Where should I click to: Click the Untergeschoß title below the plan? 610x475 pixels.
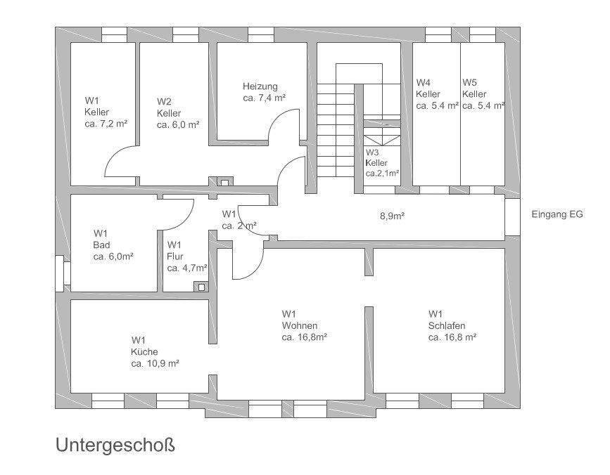(x=114, y=445)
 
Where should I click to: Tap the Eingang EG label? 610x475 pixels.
(x=557, y=215)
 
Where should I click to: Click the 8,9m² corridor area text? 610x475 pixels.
(x=392, y=216)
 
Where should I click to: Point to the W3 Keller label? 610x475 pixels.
(x=382, y=162)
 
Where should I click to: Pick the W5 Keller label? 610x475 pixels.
(x=483, y=94)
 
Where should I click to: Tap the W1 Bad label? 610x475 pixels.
(x=113, y=245)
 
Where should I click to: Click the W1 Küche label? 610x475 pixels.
(x=154, y=351)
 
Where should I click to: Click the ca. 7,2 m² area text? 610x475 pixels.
(x=106, y=124)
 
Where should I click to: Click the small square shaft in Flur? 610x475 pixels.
(x=203, y=286)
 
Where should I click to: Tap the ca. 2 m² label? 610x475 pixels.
(x=239, y=226)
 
